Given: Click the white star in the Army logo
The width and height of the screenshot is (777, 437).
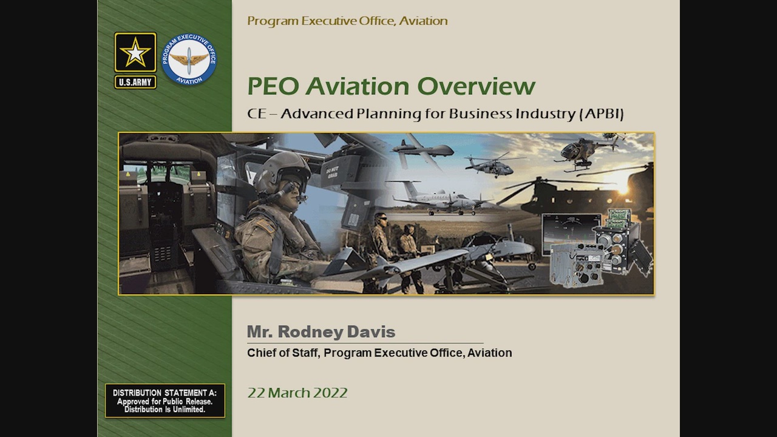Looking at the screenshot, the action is coord(135,53).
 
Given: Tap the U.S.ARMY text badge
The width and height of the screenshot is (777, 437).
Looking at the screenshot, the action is coord(135,82).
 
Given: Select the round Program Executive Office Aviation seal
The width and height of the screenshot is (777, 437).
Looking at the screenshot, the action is coord(189,59).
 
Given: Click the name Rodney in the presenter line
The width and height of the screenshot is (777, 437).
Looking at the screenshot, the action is coord(310,332).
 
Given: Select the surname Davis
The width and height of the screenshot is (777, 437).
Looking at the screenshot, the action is coord(371,332).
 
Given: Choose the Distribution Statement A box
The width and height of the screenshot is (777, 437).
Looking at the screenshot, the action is coord(165,401).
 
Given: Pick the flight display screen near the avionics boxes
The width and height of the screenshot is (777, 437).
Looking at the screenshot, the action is coord(570,229).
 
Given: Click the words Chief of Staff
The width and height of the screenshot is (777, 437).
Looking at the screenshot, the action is coord(283,353).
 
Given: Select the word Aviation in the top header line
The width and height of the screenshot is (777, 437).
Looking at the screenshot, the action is coord(423,21).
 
